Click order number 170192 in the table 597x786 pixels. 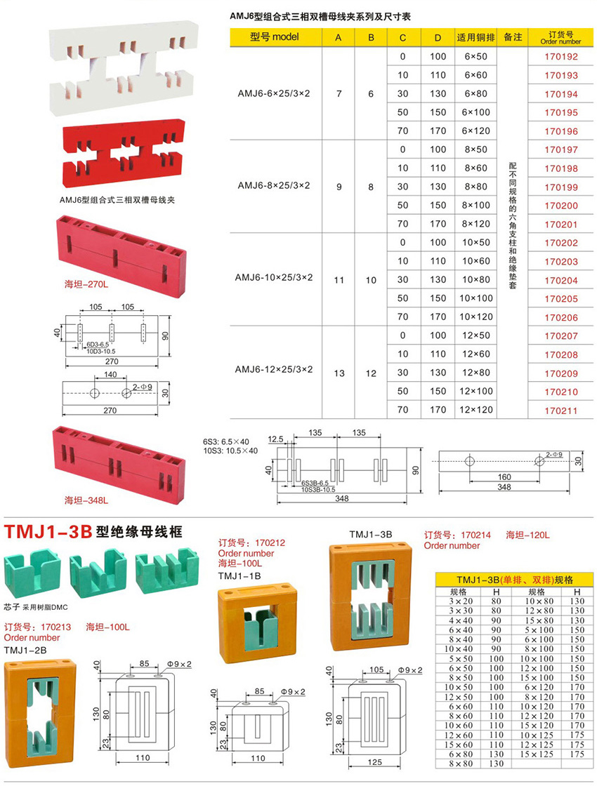point(560,57)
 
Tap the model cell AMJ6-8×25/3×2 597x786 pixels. point(274,186)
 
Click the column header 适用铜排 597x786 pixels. point(471,37)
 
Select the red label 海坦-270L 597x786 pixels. point(86,285)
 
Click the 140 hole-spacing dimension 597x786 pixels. point(111,376)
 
